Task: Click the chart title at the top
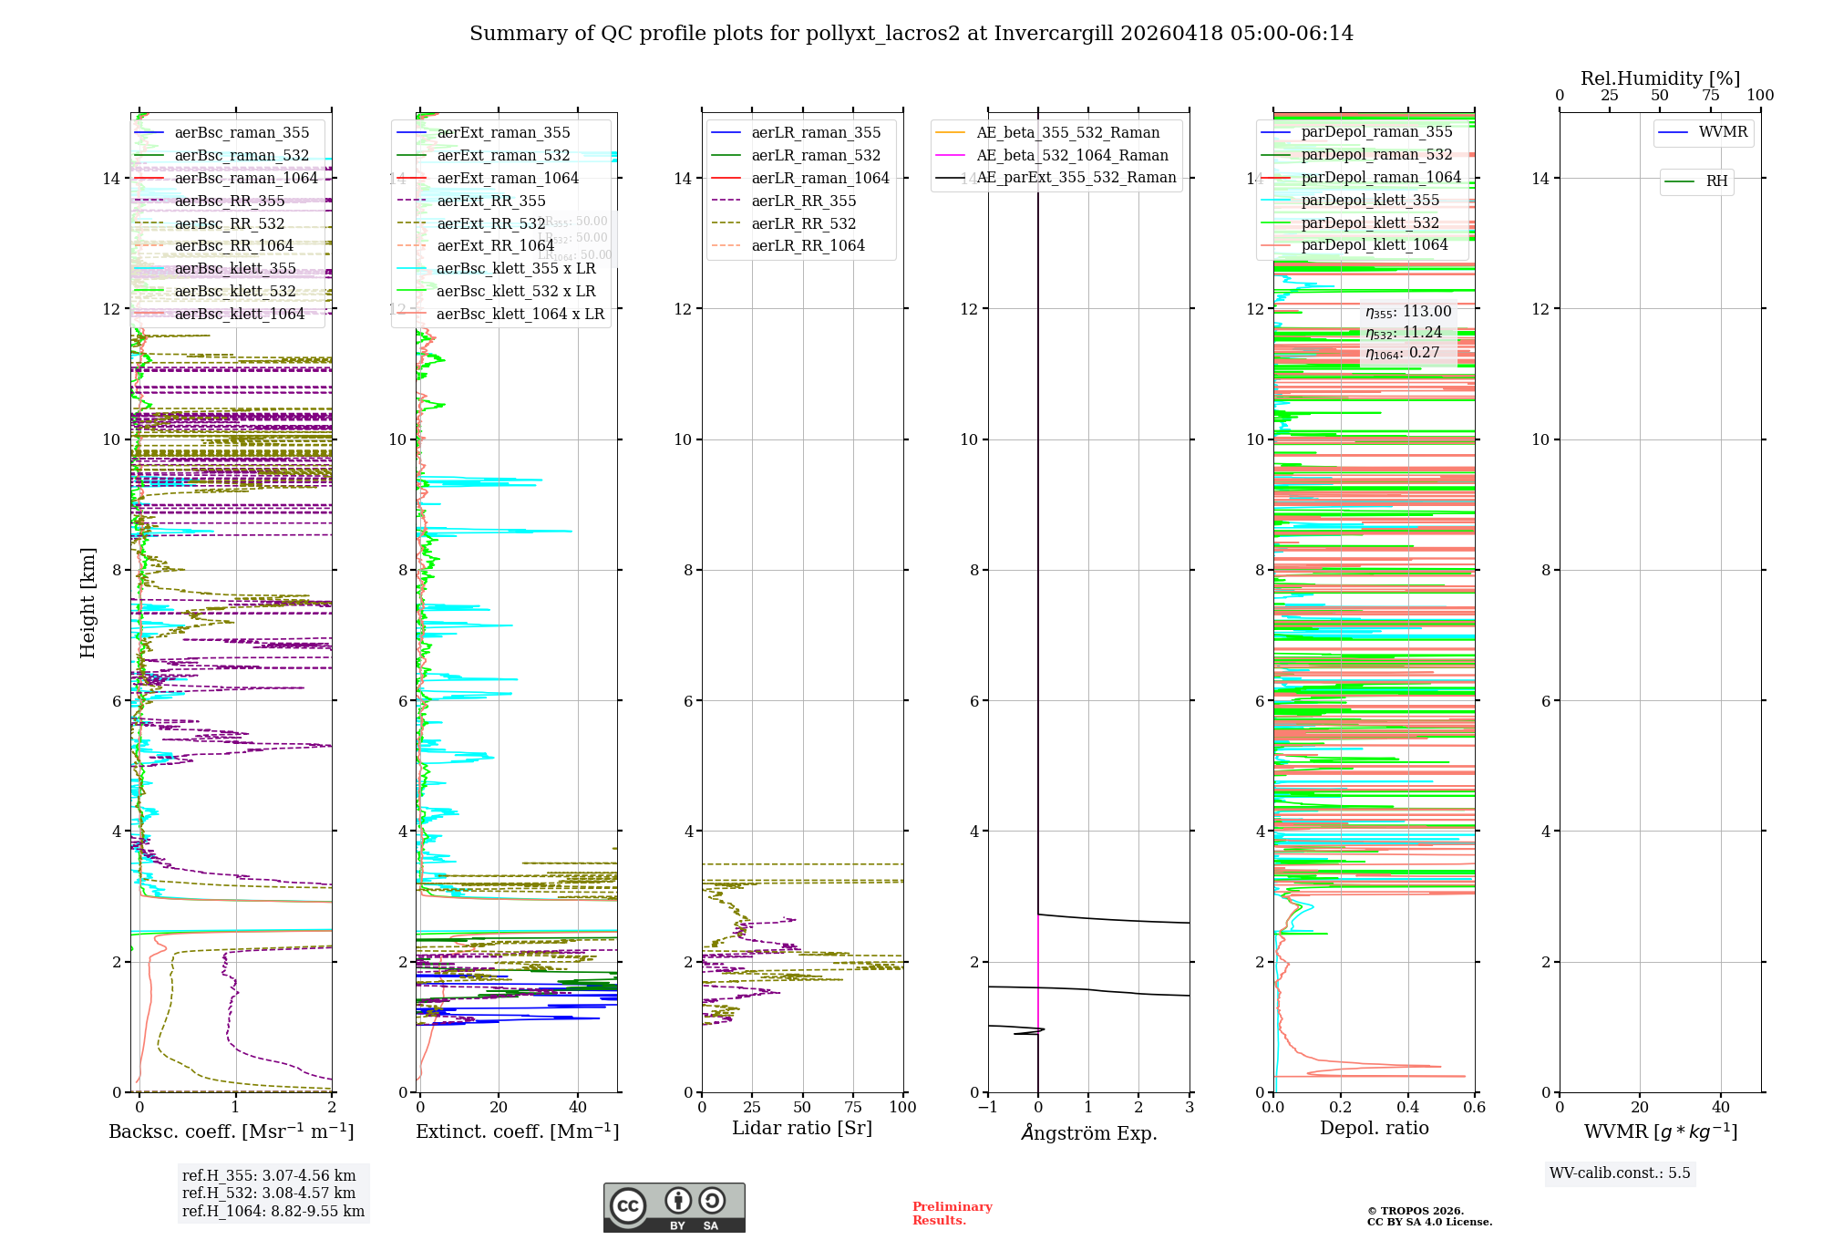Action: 911,34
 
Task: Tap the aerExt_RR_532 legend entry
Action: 490,223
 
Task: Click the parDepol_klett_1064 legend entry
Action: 1374,245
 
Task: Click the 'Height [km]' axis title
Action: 88,602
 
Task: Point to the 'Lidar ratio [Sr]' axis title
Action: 802,1129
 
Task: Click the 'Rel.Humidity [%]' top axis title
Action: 1660,78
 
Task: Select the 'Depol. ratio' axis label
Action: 1374,1129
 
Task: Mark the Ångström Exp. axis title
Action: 1089,1133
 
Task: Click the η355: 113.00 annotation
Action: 1408,312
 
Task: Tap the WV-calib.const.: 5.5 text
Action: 1620,1173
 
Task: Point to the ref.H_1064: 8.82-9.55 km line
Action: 273,1212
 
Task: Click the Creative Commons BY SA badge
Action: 674,1208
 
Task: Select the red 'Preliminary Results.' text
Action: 952,1214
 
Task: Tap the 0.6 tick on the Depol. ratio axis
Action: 1474,1108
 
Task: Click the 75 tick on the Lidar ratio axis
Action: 853,1108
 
